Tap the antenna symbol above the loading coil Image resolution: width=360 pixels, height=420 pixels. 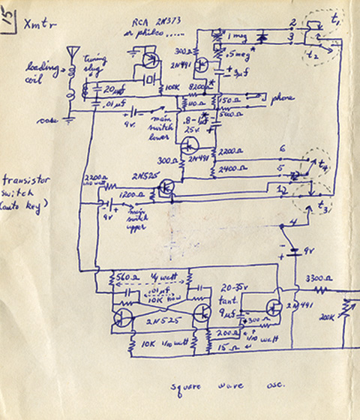coord(73,53)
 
